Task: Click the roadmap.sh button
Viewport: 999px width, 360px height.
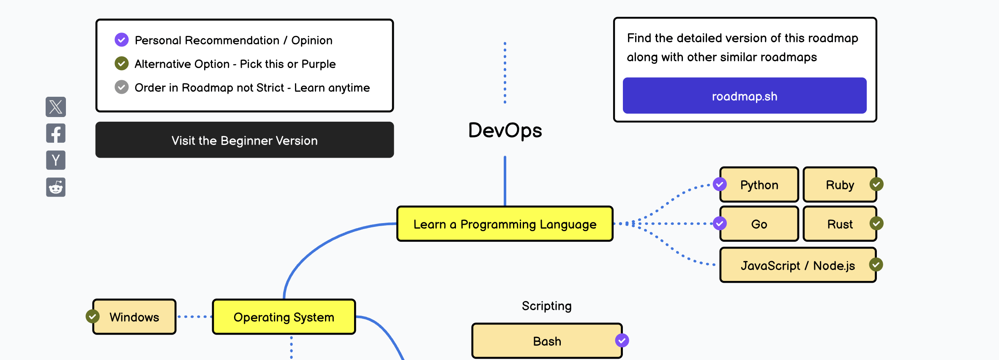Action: click(744, 96)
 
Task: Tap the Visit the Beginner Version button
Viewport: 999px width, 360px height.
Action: click(244, 140)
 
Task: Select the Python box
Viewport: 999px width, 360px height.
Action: click(759, 185)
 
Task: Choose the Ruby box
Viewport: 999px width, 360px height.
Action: click(839, 185)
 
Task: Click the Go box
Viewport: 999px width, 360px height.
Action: click(759, 224)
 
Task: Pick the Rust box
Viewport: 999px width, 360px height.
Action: click(839, 224)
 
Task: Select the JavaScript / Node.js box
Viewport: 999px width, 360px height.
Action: click(797, 265)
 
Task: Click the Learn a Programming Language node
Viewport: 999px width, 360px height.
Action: click(505, 224)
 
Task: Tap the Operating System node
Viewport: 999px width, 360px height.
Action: click(284, 317)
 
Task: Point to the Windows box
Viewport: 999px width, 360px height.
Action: click(134, 317)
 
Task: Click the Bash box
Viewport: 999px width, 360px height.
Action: click(547, 341)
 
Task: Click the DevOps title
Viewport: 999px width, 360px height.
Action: click(505, 130)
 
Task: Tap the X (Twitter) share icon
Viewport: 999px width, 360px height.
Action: click(56, 106)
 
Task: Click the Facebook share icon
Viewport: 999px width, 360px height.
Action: click(56, 134)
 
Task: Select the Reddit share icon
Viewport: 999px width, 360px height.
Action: click(56, 187)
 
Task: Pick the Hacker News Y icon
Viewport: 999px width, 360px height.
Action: click(56, 160)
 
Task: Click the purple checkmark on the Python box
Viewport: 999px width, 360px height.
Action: click(720, 184)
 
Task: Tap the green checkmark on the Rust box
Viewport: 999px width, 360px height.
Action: click(876, 223)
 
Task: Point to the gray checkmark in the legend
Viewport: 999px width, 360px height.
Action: click(122, 87)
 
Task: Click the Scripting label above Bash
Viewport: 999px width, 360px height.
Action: click(546, 306)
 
